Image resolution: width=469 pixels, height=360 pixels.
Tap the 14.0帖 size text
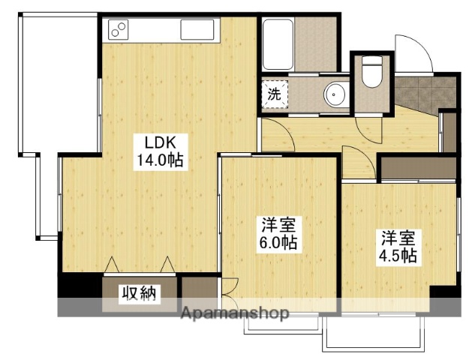(x=160, y=159)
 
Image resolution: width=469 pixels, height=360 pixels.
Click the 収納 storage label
(x=140, y=294)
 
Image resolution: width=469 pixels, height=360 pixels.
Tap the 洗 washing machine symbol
(x=274, y=94)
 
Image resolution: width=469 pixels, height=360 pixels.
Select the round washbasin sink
(x=335, y=94)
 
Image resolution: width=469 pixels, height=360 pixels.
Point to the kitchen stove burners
(x=119, y=30)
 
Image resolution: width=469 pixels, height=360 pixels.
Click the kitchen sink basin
(x=197, y=31)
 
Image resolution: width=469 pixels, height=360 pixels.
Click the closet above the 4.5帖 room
(x=417, y=167)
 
